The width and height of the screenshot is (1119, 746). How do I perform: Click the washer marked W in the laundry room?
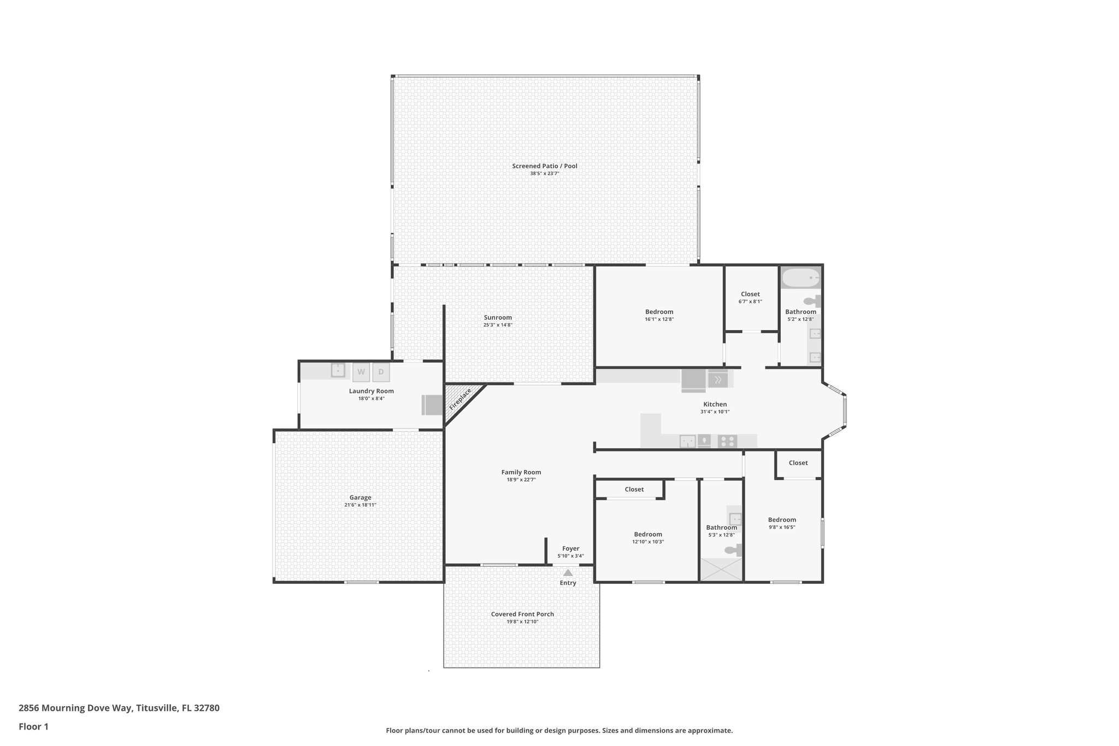point(361,372)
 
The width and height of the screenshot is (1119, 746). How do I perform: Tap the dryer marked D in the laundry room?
point(381,372)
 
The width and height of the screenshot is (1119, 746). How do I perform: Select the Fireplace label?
point(460,399)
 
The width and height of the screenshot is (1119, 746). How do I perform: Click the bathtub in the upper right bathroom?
point(800,278)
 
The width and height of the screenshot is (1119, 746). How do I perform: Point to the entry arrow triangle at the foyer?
point(568,573)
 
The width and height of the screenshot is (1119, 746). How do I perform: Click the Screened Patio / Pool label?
point(544,166)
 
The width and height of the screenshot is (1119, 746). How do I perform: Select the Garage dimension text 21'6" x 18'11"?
point(360,505)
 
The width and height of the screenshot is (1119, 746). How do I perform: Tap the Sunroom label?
point(498,318)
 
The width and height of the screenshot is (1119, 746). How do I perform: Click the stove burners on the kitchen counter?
point(727,441)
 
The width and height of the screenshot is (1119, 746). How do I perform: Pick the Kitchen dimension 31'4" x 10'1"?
point(715,412)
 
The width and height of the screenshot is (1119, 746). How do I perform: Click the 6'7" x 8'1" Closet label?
point(750,294)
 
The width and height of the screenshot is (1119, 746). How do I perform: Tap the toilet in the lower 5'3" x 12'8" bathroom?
point(732,550)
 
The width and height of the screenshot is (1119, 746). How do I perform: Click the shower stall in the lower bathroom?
point(721,569)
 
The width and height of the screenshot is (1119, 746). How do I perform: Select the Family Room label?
point(521,472)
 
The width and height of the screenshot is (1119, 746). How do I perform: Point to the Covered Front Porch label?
point(522,614)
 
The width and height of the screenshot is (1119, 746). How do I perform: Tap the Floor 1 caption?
point(33,727)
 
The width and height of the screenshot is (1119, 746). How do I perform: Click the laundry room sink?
point(338,370)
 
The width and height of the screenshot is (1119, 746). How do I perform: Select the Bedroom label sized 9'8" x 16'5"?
point(782,520)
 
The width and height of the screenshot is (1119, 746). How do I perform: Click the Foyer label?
point(570,549)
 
